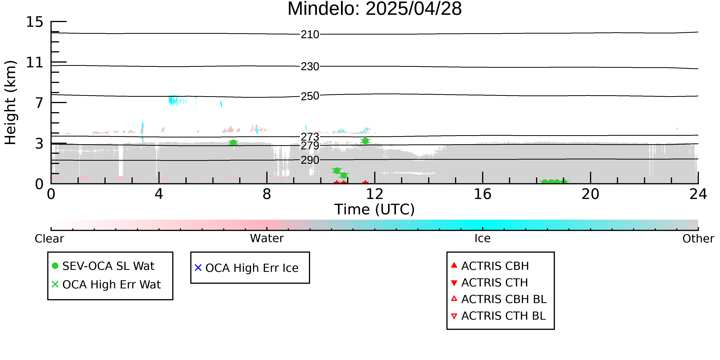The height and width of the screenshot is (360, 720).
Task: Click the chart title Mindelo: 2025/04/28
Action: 375,9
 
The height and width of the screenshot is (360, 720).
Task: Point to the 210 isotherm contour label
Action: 310,35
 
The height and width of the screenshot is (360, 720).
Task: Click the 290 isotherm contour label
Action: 310,160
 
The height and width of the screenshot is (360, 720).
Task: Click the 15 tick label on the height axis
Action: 35,22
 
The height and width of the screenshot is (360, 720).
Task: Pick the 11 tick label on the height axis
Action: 35,62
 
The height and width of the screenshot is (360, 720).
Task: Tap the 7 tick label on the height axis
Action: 39,103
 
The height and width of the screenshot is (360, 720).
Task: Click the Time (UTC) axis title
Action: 375,209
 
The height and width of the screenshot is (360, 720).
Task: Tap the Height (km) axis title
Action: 11,103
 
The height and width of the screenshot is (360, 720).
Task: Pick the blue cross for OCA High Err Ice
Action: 198,268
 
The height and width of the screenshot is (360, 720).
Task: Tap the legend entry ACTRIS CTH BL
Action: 504,316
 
